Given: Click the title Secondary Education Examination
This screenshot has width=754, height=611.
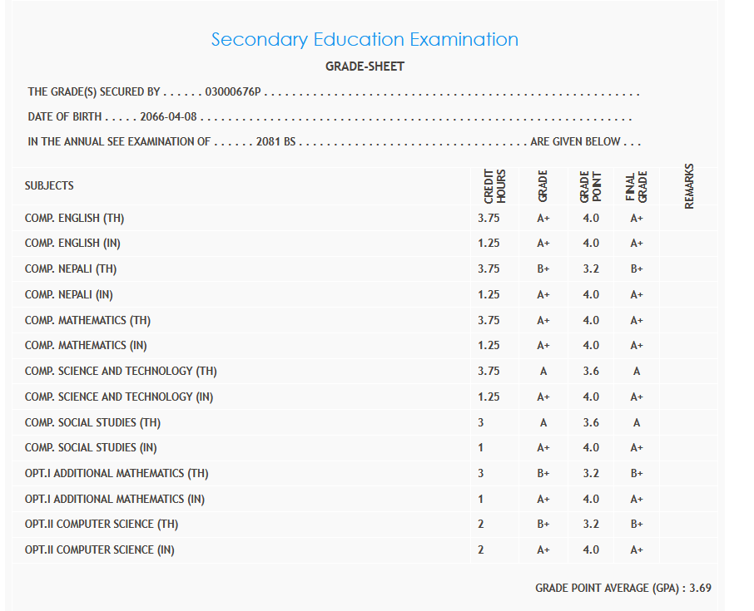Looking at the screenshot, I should [365, 39].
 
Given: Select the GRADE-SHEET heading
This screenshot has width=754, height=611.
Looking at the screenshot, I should [365, 67].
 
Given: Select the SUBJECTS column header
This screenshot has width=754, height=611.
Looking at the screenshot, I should [49, 185].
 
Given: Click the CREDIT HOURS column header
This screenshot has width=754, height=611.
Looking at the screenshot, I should [495, 185].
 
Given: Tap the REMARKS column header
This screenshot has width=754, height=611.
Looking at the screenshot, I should [689, 185].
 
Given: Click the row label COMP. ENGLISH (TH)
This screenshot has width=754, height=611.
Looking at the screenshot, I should [74, 219].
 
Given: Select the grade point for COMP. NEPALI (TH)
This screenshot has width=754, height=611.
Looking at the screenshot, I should [591, 269].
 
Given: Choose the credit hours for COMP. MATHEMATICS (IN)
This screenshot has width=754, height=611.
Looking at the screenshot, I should [489, 345].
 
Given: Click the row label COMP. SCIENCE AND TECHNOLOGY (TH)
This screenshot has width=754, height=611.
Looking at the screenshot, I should [121, 371].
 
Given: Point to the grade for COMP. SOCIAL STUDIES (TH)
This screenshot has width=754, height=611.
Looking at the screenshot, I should [543, 422].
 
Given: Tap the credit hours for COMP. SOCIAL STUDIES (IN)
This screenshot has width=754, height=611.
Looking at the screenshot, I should [481, 448].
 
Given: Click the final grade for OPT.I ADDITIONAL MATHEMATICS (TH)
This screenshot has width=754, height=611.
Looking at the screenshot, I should [637, 474].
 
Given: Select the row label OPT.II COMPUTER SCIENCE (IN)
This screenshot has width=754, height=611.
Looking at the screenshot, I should [99, 549].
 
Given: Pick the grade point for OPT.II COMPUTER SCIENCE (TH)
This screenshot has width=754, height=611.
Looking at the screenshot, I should [591, 525].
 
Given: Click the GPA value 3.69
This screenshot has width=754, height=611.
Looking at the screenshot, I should [701, 588].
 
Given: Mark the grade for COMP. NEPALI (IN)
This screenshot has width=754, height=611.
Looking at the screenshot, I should [543, 294].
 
